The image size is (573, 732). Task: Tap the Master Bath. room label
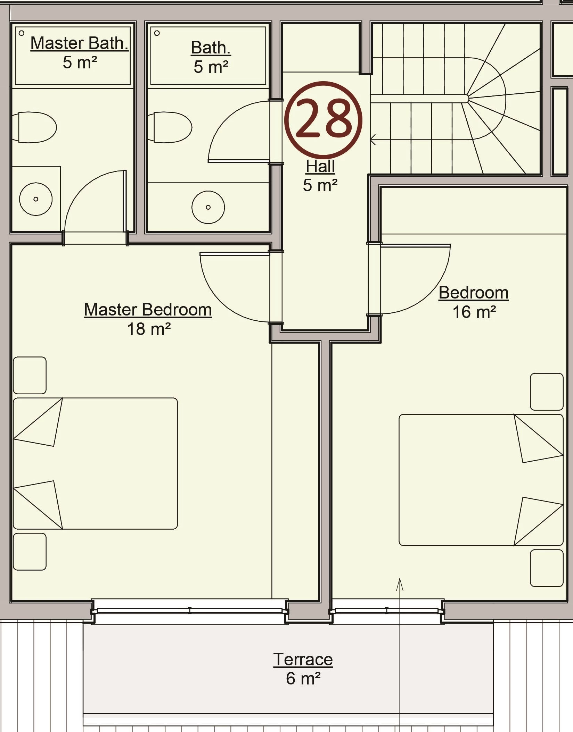click(x=80, y=43)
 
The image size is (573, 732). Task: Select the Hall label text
click(x=320, y=166)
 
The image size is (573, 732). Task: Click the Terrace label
click(x=303, y=659)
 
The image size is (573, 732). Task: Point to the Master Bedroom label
click(x=148, y=310)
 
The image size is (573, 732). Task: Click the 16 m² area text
click(x=474, y=312)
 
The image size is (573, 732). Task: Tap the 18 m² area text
click(x=149, y=329)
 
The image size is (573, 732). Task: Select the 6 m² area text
click(x=303, y=679)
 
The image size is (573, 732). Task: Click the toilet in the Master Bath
click(x=34, y=127)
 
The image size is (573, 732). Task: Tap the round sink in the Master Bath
click(x=36, y=199)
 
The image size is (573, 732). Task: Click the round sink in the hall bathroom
click(x=208, y=207)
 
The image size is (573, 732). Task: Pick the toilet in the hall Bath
click(x=170, y=127)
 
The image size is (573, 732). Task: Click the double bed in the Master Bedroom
click(x=95, y=464)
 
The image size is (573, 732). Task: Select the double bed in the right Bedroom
click(x=481, y=480)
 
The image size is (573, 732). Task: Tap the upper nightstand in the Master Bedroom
click(x=30, y=375)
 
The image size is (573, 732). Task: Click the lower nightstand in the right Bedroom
click(x=547, y=568)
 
